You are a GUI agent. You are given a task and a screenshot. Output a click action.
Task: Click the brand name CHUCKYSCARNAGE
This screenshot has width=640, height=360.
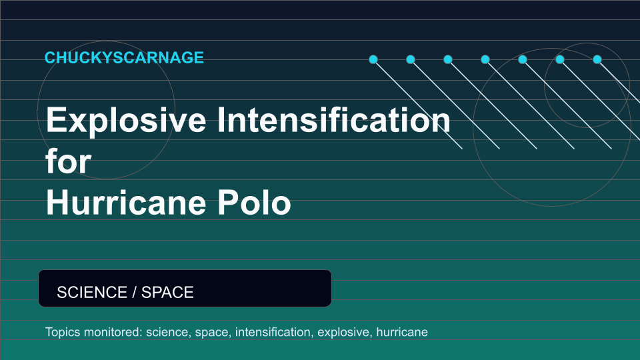[x=124, y=57]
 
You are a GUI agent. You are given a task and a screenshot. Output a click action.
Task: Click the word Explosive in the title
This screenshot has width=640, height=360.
[x=126, y=121]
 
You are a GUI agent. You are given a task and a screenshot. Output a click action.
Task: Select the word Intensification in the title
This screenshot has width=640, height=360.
[x=333, y=119]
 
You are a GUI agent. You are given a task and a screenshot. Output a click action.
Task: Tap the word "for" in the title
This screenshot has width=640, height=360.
[x=68, y=161]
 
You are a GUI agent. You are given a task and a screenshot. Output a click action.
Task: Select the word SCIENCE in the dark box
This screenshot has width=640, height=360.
[x=92, y=292]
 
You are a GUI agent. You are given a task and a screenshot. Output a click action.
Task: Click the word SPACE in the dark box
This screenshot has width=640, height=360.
[x=167, y=292]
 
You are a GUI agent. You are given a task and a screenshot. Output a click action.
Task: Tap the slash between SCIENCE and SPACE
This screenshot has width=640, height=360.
[x=134, y=292]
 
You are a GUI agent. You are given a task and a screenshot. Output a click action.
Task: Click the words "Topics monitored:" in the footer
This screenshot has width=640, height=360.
[x=94, y=332]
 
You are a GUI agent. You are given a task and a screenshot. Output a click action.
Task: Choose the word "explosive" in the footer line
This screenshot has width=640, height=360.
[x=345, y=332]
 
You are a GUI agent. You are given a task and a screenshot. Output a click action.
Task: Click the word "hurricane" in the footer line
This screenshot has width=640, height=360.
[x=402, y=332]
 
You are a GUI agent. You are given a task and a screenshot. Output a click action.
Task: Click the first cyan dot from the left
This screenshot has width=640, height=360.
[x=373, y=59]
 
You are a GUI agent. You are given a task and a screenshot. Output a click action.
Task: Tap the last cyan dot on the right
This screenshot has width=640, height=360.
[x=597, y=59]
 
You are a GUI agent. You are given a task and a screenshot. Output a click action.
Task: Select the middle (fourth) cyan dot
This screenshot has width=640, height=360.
[x=485, y=59]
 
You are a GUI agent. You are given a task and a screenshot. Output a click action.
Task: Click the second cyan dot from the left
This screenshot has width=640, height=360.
[x=411, y=59]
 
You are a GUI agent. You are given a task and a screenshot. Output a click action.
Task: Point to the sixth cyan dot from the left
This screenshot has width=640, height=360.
[x=560, y=59]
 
